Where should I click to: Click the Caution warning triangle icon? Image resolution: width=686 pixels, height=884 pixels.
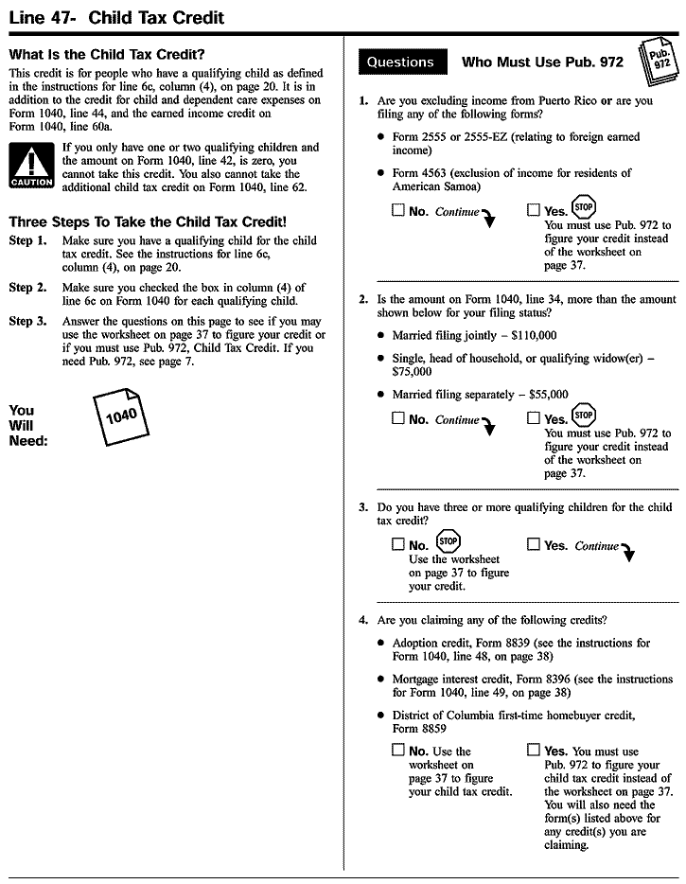[31, 164]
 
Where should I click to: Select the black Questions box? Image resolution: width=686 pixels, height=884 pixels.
[400, 62]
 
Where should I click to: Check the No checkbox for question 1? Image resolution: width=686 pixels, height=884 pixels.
[398, 211]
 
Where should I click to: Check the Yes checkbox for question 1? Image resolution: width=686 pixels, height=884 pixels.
[534, 211]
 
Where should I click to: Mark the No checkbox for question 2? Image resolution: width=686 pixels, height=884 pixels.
[398, 418]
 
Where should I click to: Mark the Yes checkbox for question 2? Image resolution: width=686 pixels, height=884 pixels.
[534, 418]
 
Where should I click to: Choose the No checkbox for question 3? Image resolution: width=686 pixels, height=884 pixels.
[398, 544]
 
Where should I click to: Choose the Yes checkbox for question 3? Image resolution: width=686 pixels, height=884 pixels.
[534, 544]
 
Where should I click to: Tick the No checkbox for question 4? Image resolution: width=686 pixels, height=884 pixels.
[398, 751]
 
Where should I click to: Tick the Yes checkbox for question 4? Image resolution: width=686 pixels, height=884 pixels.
[534, 751]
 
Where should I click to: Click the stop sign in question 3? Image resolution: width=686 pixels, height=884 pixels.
[448, 541]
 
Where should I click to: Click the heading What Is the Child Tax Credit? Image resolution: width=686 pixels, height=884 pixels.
[107, 54]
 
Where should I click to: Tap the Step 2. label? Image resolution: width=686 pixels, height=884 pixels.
[27, 288]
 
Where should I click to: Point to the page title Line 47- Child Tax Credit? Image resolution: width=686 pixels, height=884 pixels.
[116, 17]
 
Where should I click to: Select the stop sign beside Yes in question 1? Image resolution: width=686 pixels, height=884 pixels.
[584, 207]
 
